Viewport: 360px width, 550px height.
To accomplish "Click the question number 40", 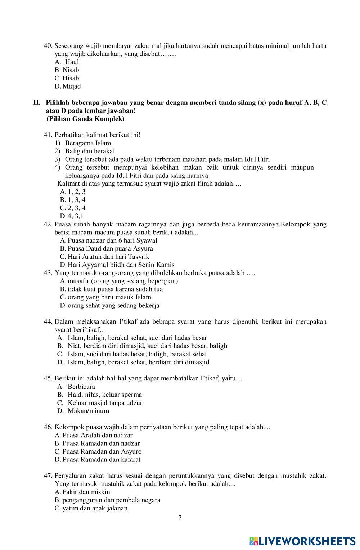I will (48, 46).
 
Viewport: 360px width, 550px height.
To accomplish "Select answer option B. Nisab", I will (67, 70).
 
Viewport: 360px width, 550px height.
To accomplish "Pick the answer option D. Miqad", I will (68, 86).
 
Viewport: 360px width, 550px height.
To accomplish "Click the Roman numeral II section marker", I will (37, 103).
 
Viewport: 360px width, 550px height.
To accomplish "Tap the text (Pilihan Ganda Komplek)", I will (85, 118).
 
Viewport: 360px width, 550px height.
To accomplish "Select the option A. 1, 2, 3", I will (73, 191).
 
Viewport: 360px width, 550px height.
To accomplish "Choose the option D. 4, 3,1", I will (72, 216).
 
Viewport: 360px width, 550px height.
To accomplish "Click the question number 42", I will (48, 224).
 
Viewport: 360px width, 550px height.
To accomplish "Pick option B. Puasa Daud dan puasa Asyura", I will (107, 248).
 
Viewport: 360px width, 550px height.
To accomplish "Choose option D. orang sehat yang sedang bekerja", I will (110, 305).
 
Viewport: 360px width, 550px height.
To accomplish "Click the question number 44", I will (48, 321).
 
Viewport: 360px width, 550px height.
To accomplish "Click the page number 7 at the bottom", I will (180, 518).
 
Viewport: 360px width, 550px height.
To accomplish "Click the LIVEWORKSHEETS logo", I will (302, 541).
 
